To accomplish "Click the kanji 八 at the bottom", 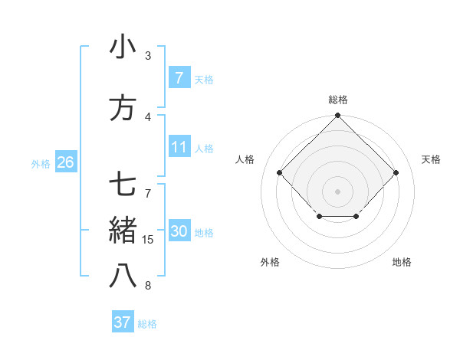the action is pos(123,276).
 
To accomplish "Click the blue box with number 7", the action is pos(179,77).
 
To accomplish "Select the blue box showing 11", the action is pos(179,147).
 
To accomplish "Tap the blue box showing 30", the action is pos(179,231).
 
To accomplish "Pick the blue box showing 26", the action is pos(65,162).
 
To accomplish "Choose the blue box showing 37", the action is pos(122,322).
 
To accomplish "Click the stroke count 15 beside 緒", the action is pos(149,240).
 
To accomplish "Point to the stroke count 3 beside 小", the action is pos(148,55).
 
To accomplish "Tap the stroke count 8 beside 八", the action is pos(148,286).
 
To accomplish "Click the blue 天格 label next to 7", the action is pos(204,79).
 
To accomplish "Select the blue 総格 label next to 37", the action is pos(147,324).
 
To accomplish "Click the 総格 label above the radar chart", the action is pos(338,100).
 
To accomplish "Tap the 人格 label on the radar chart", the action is pos(245,159).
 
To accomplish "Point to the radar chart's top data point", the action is pos(337,116).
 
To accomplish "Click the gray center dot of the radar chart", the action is pos(337,191).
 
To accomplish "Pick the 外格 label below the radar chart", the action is pos(270,262).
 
